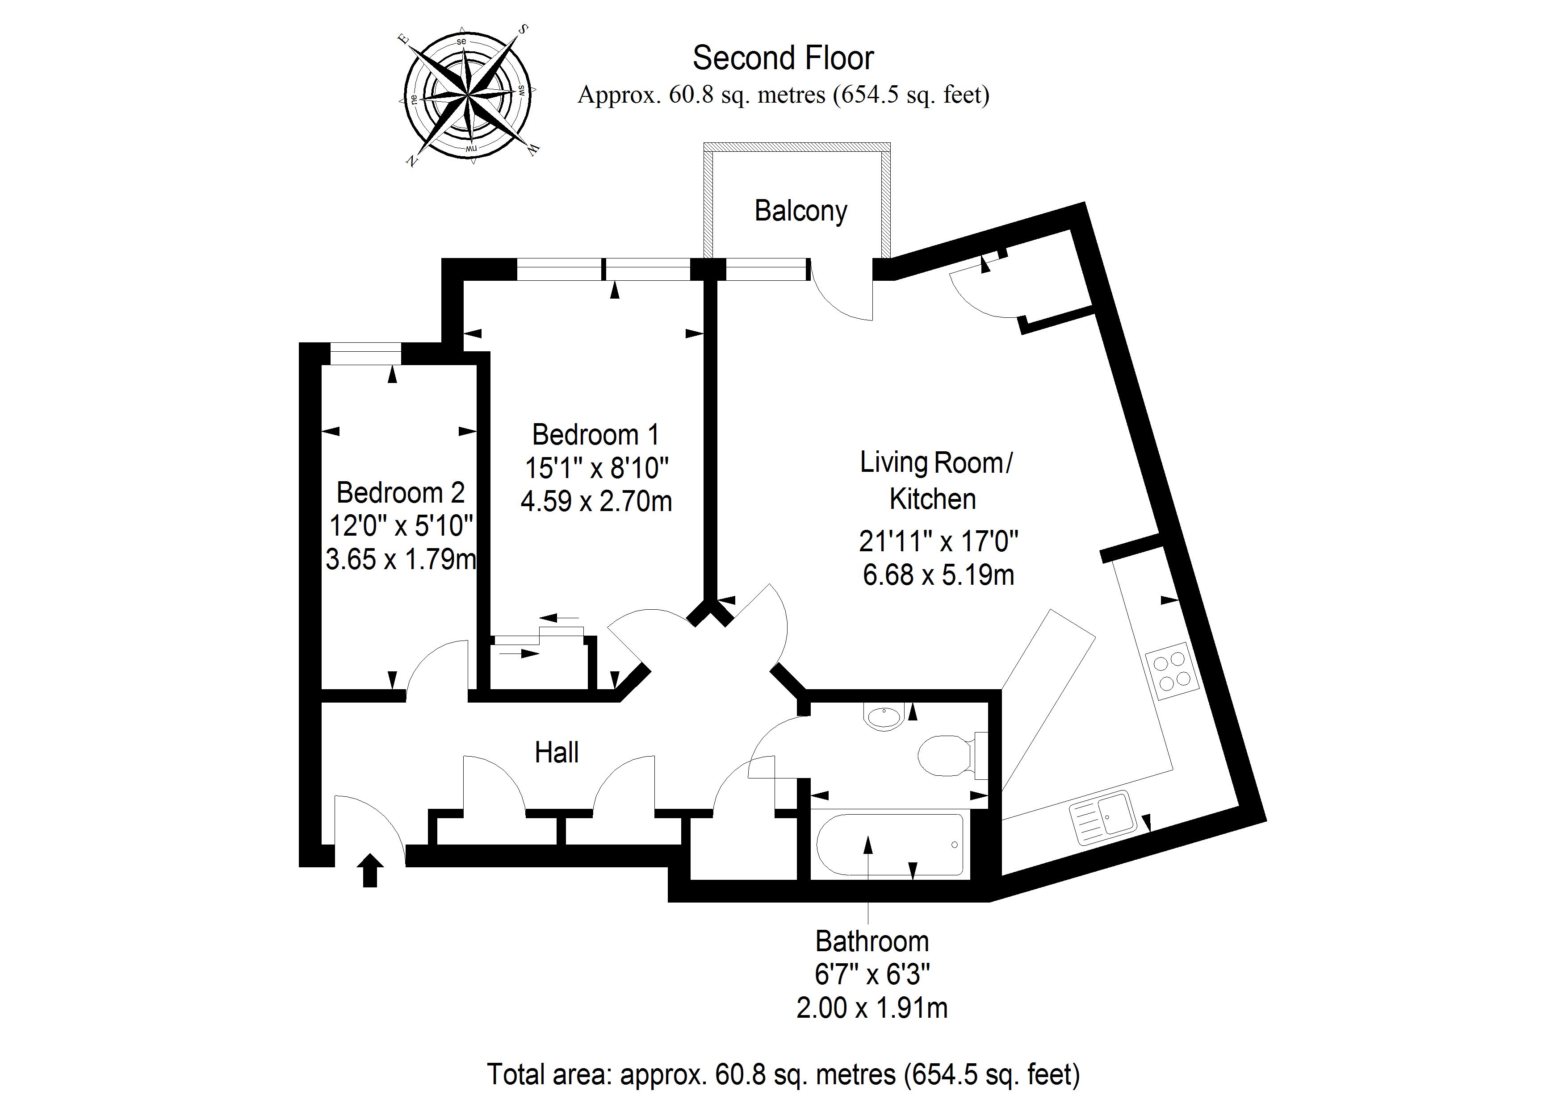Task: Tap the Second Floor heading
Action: [x=783, y=58]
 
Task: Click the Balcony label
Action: [x=800, y=211]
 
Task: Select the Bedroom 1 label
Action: [x=596, y=434]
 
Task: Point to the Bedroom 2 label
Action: [x=401, y=492]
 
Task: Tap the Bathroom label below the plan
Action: [x=871, y=942]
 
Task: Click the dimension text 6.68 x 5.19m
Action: [x=938, y=575]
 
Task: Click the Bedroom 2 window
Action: [x=365, y=354]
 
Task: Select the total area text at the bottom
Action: [x=783, y=1074]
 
